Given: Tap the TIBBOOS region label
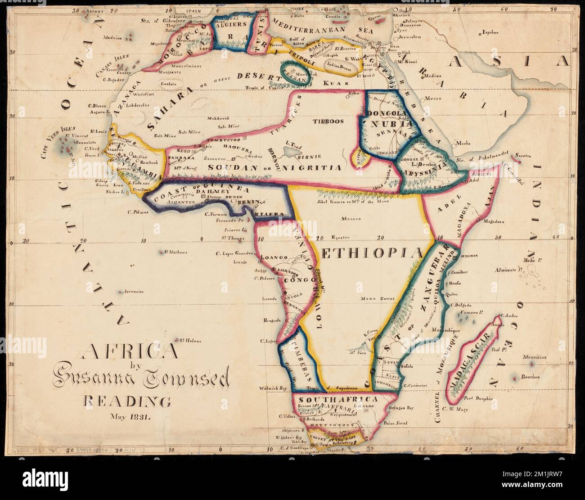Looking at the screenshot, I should pyautogui.click(x=328, y=121).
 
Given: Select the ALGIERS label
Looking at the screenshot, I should pyautogui.click(x=231, y=25).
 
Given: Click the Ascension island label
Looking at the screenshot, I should pyautogui.click(x=134, y=292).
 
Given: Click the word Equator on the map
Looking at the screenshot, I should pyautogui.click(x=340, y=238).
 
